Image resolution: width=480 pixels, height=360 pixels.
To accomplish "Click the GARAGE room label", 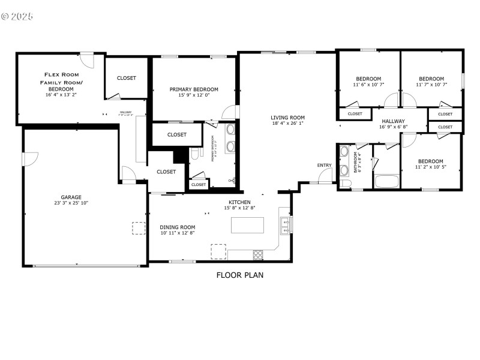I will (x=71, y=197).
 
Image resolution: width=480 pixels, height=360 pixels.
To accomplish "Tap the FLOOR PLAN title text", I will (x=240, y=275).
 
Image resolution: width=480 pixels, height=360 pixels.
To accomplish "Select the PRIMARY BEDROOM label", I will (x=193, y=89).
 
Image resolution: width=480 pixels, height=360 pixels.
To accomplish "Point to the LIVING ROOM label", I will (x=288, y=118).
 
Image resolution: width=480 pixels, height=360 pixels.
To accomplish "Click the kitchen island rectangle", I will (x=248, y=225).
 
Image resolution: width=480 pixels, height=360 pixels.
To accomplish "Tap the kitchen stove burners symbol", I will (x=259, y=254).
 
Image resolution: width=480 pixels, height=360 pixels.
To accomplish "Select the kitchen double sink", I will (x=286, y=225).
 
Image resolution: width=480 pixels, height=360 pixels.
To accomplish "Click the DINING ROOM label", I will (x=178, y=227).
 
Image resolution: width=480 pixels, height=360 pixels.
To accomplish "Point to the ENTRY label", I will (x=324, y=166).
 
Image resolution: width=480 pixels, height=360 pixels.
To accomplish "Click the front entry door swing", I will (x=325, y=175).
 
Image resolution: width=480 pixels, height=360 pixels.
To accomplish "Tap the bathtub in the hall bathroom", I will (x=385, y=182).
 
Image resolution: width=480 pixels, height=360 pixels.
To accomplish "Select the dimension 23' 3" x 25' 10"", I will (x=71, y=203).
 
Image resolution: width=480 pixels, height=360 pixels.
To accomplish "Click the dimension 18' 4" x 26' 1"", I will (x=288, y=124).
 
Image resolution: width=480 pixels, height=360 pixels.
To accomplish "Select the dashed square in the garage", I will (x=139, y=228).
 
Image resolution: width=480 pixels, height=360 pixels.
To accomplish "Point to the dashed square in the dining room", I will (x=218, y=251).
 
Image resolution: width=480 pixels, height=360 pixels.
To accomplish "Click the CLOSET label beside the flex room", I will (x=126, y=78).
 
